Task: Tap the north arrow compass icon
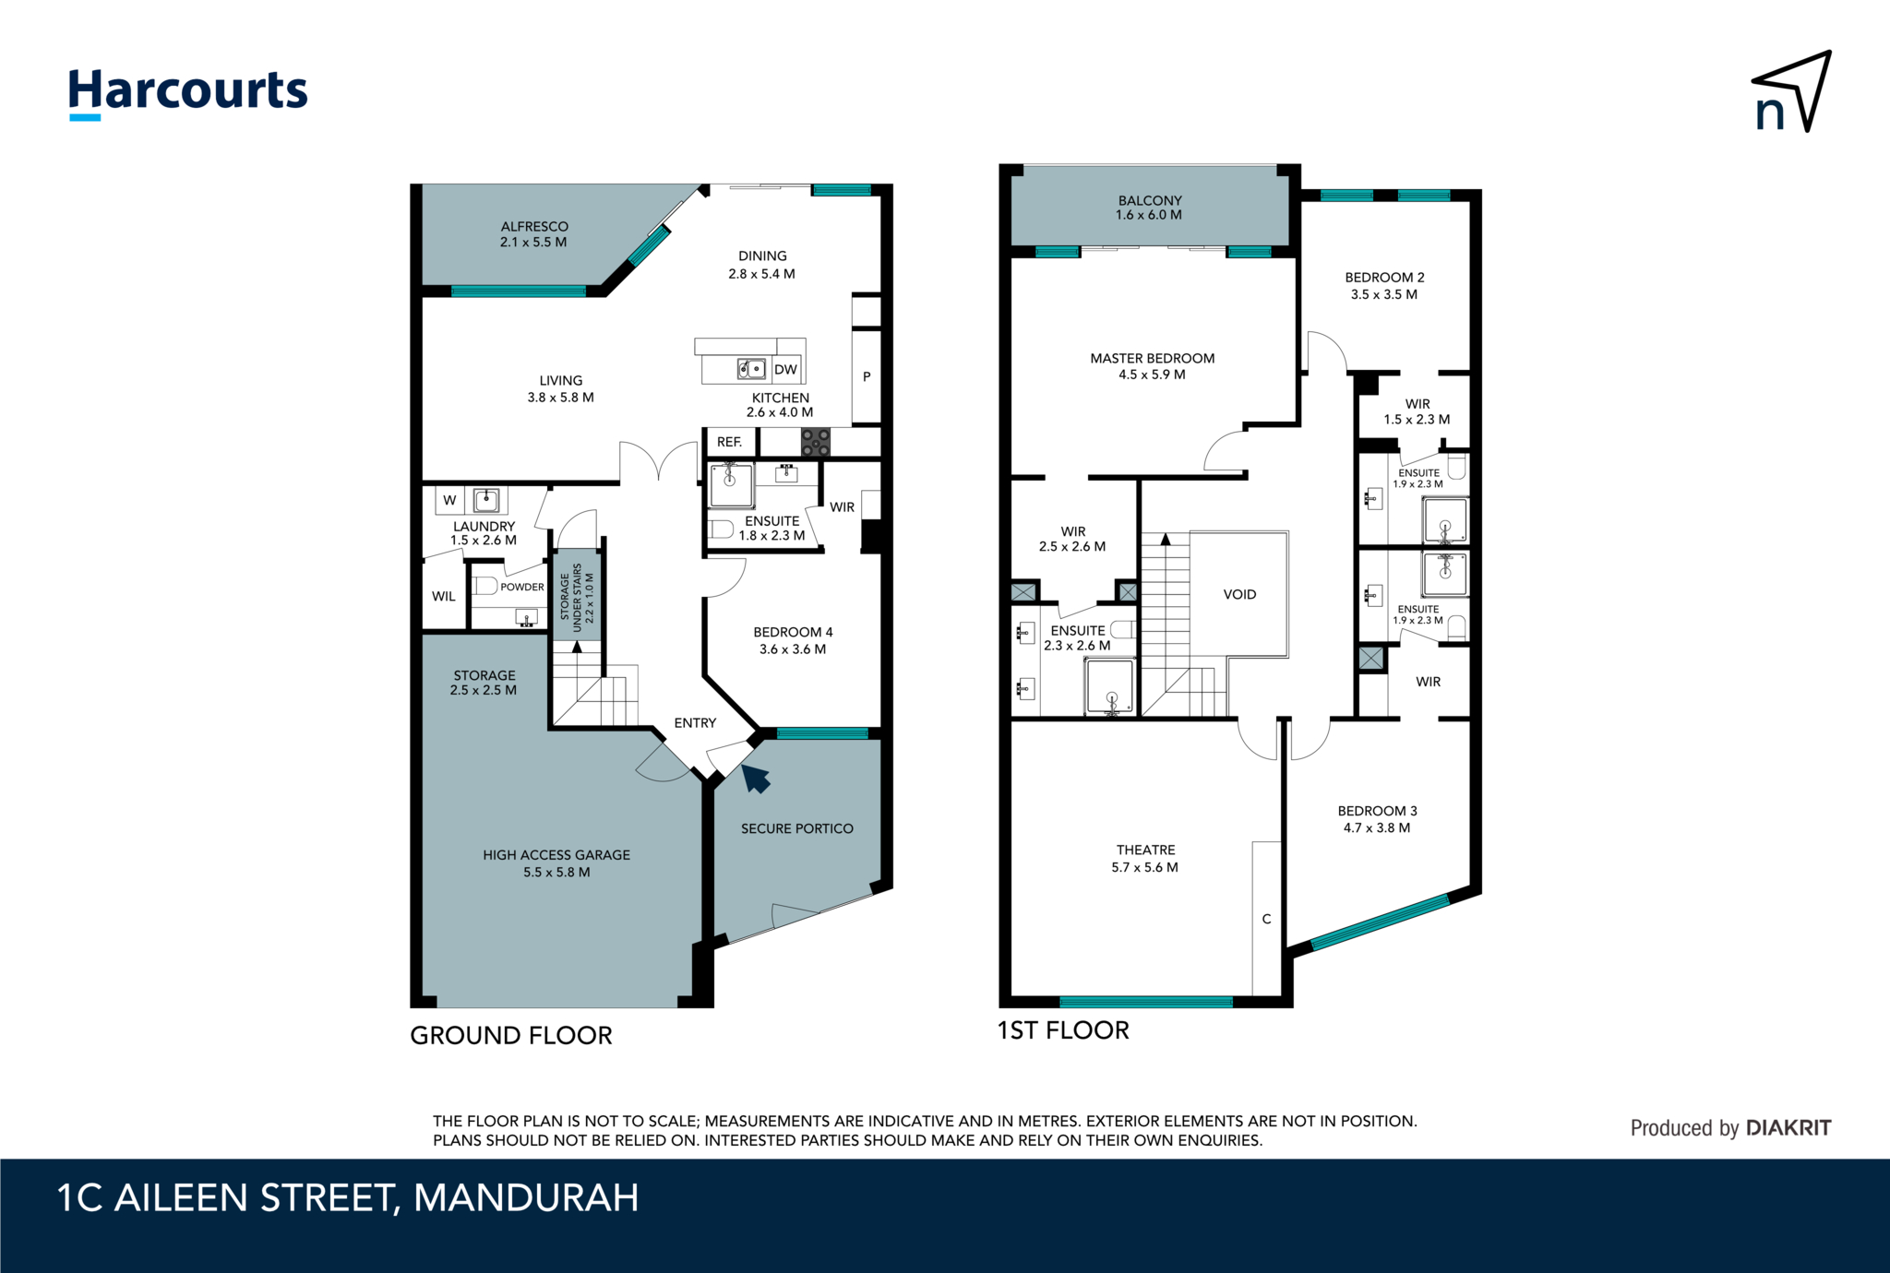pyautogui.click(x=1792, y=92)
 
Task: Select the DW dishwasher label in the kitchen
pyautogui.click(x=785, y=370)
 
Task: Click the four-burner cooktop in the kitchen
pyautogui.click(x=815, y=442)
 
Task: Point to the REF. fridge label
pyautogui.click(x=729, y=442)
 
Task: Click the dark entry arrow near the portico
pyautogui.click(x=756, y=778)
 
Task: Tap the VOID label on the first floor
pyautogui.click(x=1239, y=594)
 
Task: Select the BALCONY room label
pyautogui.click(x=1150, y=200)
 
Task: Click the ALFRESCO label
pyautogui.click(x=534, y=226)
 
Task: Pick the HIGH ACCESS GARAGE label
pyautogui.click(x=556, y=855)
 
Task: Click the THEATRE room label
pyautogui.click(x=1146, y=850)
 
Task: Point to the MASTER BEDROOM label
pyautogui.click(x=1153, y=358)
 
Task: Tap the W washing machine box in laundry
pyautogui.click(x=449, y=500)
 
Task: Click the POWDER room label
pyautogui.click(x=522, y=587)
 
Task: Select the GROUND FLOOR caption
pyautogui.click(x=511, y=1035)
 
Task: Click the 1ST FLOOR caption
pyautogui.click(x=1063, y=1030)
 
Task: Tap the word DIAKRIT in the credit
pyautogui.click(x=1788, y=1127)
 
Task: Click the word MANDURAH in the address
pyautogui.click(x=526, y=1198)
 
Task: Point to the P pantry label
pyautogui.click(x=867, y=376)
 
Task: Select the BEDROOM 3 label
pyautogui.click(x=1378, y=811)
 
